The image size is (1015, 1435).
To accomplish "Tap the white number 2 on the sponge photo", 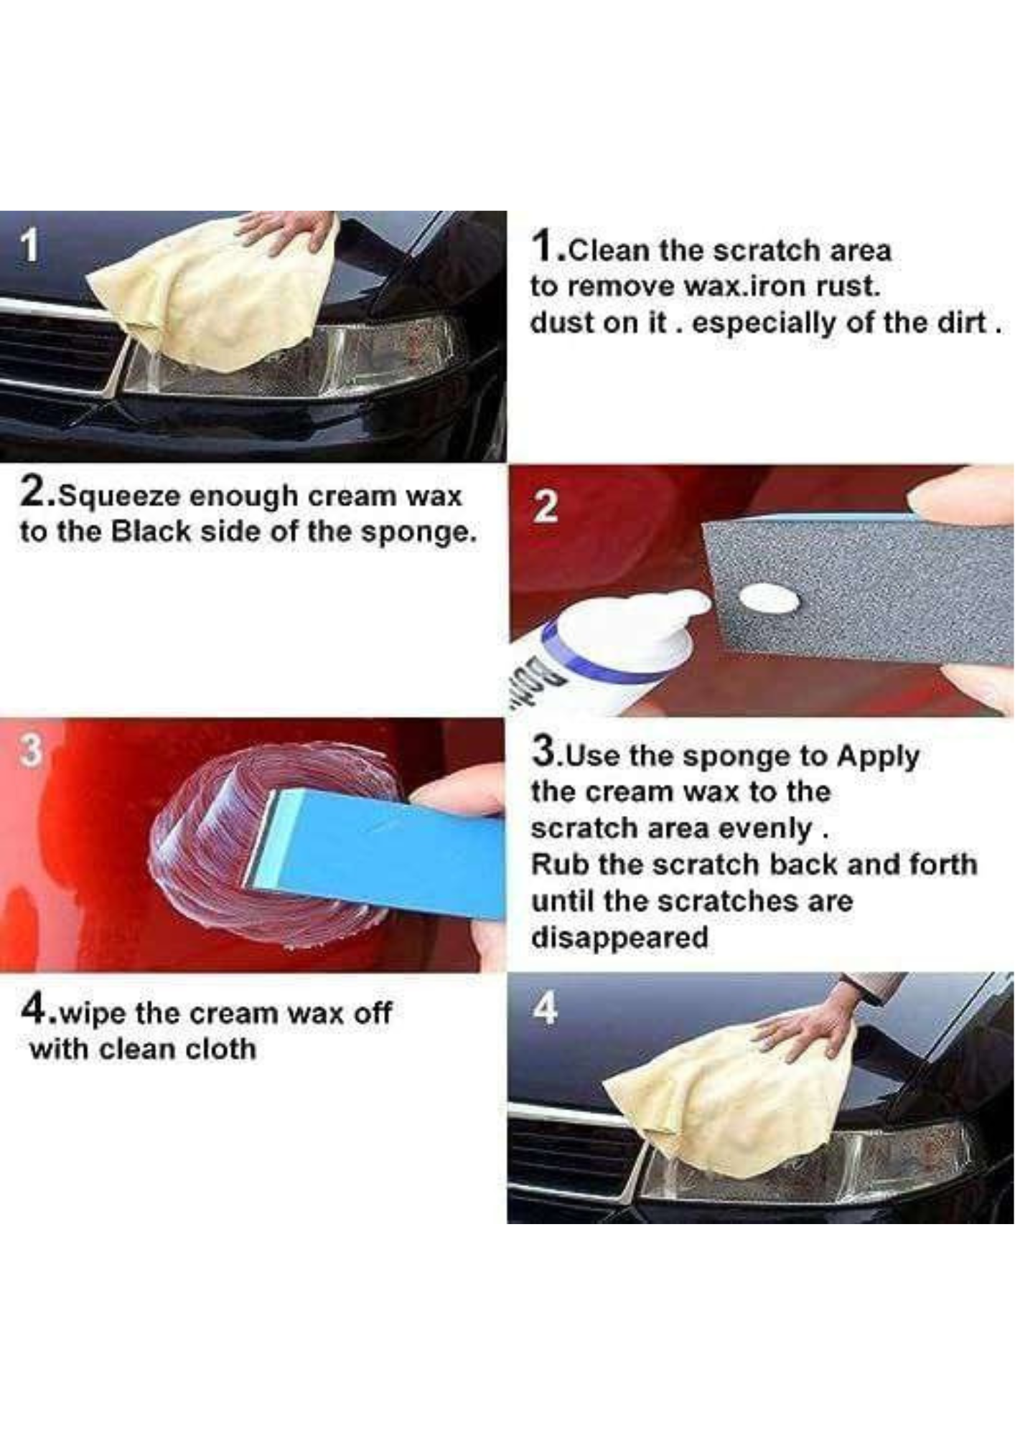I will point(546,507).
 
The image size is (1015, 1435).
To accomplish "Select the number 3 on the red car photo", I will point(29,750).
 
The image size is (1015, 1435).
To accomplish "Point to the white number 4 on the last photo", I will point(546,1010).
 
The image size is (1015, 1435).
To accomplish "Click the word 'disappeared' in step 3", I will point(619,937).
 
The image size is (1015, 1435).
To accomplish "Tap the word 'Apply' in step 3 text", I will point(879,756).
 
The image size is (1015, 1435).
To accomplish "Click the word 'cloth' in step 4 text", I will point(220,1049).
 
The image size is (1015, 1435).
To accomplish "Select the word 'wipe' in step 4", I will point(93,1014).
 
